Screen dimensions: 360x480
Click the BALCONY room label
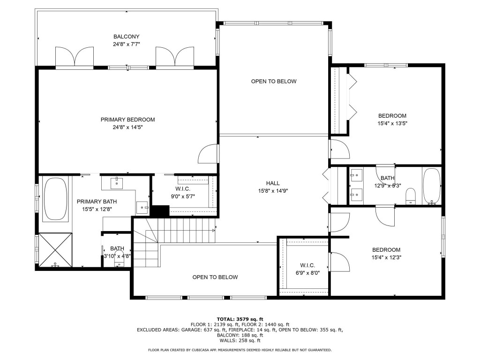126,37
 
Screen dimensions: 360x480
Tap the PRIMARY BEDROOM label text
127,120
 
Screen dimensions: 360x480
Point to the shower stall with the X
55,249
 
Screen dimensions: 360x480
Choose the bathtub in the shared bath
431,186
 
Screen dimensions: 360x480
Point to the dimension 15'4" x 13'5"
392,123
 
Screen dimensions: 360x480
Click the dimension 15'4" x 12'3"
386,257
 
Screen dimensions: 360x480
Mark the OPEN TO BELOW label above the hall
274,81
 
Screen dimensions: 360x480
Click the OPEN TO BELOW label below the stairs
215,277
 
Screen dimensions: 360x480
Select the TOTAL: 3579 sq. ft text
240,319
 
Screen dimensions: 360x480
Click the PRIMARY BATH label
97,202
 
